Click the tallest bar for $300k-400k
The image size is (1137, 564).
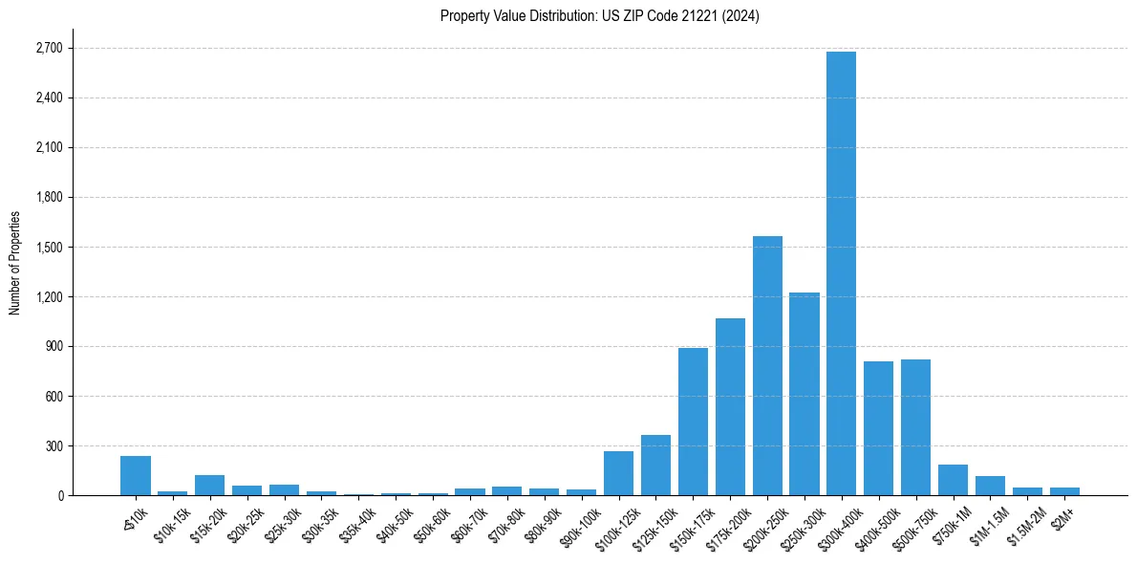pos(841,273)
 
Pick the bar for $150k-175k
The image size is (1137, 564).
pos(693,422)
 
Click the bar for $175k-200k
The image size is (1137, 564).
pos(730,406)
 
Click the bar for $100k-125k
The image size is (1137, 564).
pos(618,473)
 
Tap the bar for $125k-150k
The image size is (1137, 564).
pos(655,466)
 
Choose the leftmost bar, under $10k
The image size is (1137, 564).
pos(136,476)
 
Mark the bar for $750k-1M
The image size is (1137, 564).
pos(953,480)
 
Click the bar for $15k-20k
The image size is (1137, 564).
pos(209,486)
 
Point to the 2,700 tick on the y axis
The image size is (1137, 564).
pos(48,48)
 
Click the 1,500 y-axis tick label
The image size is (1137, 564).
pos(48,247)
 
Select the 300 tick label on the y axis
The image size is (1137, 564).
pos(54,445)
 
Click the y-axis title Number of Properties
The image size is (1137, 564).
pos(14,263)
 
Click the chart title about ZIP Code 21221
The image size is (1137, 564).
pos(600,15)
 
